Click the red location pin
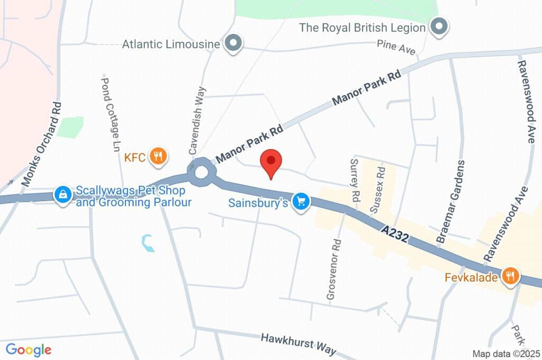pos(272,161)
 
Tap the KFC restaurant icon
pos(158,156)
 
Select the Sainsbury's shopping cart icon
pos(302,202)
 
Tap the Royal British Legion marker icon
pos(439,26)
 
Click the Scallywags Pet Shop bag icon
pos(63,194)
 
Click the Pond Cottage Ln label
pos(112,114)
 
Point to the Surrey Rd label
pos(355,181)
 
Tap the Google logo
pos(29,349)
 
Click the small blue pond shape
pos(148,243)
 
